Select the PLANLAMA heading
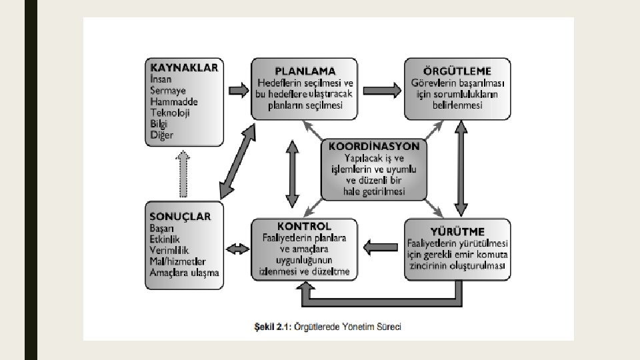click(x=305, y=70)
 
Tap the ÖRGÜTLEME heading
click(x=457, y=70)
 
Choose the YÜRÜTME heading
click(x=457, y=231)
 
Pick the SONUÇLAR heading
click(x=181, y=216)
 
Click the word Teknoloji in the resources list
click(x=170, y=113)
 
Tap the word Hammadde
click(x=174, y=101)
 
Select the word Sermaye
click(x=168, y=90)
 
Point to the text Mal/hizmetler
click(x=178, y=261)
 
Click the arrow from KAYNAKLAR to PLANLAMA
click(x=237, y=89)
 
